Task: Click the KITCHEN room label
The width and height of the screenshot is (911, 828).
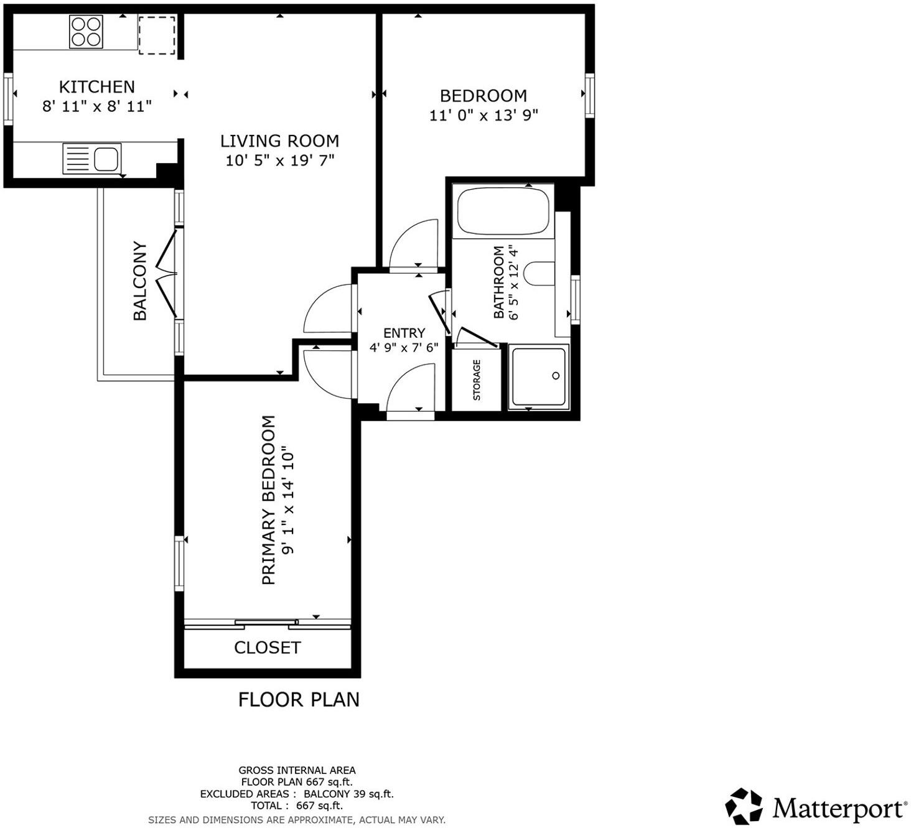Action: point(96,86)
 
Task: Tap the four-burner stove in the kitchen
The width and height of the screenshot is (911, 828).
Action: point(86,32)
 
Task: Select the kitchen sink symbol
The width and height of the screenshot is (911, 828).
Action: point(91,158)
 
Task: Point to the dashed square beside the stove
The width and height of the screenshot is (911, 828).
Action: point(156,35)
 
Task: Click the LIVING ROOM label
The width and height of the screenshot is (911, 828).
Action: point(279,141)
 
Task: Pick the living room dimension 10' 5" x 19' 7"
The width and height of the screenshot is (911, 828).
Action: point(279,160)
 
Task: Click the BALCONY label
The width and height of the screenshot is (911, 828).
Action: point(140,281)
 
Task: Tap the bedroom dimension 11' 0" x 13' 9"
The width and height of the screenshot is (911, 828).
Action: point(484,115)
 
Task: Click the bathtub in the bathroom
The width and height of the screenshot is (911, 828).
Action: point(503,212)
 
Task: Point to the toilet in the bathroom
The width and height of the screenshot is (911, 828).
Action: point(539,274)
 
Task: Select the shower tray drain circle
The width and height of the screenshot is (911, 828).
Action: point(556,376)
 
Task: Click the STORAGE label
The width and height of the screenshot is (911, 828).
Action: point(477,379)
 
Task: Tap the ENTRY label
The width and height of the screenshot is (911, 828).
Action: point(404,333)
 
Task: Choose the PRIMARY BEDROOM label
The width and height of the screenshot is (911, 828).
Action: point(268,500)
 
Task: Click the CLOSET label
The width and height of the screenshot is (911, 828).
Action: point(267,648)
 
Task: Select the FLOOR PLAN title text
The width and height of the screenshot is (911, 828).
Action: point(299,700)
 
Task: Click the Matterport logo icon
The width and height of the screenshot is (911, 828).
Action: point(744,806)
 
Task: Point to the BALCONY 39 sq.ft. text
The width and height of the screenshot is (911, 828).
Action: point(348,794)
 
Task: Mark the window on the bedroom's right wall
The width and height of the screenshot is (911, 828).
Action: point(589,95)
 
